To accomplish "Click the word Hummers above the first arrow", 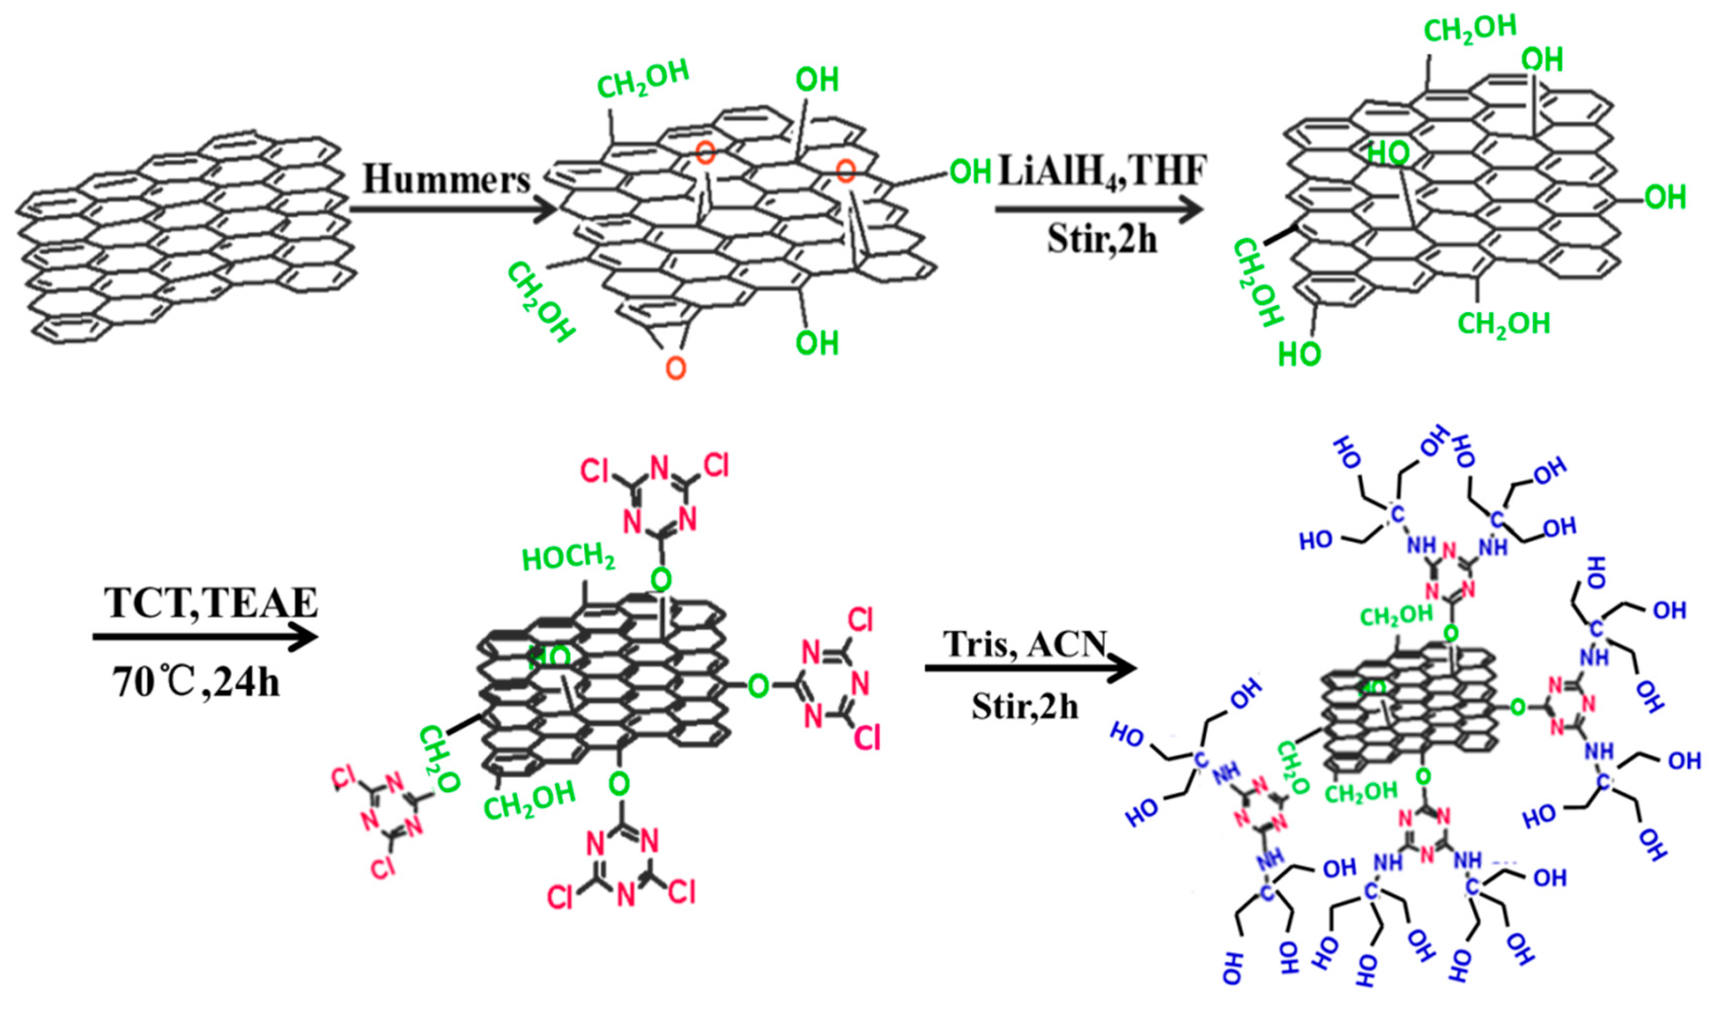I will pos(446,180).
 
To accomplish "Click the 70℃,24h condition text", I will pos(196,682).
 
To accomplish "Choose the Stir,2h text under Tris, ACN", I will pos(1025,707).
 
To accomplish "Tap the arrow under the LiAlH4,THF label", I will pos(1098,209).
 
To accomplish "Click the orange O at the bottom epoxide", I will pos(676,368).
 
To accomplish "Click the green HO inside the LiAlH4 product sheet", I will pos(1388,154).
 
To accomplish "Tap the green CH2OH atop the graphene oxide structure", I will pos(643,78).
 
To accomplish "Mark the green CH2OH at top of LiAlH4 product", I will pos(1470,29).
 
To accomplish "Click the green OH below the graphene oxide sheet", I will pos(817,343).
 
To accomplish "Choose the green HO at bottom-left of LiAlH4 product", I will pos(1299,354).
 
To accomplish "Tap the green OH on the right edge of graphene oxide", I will pos(970,172).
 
